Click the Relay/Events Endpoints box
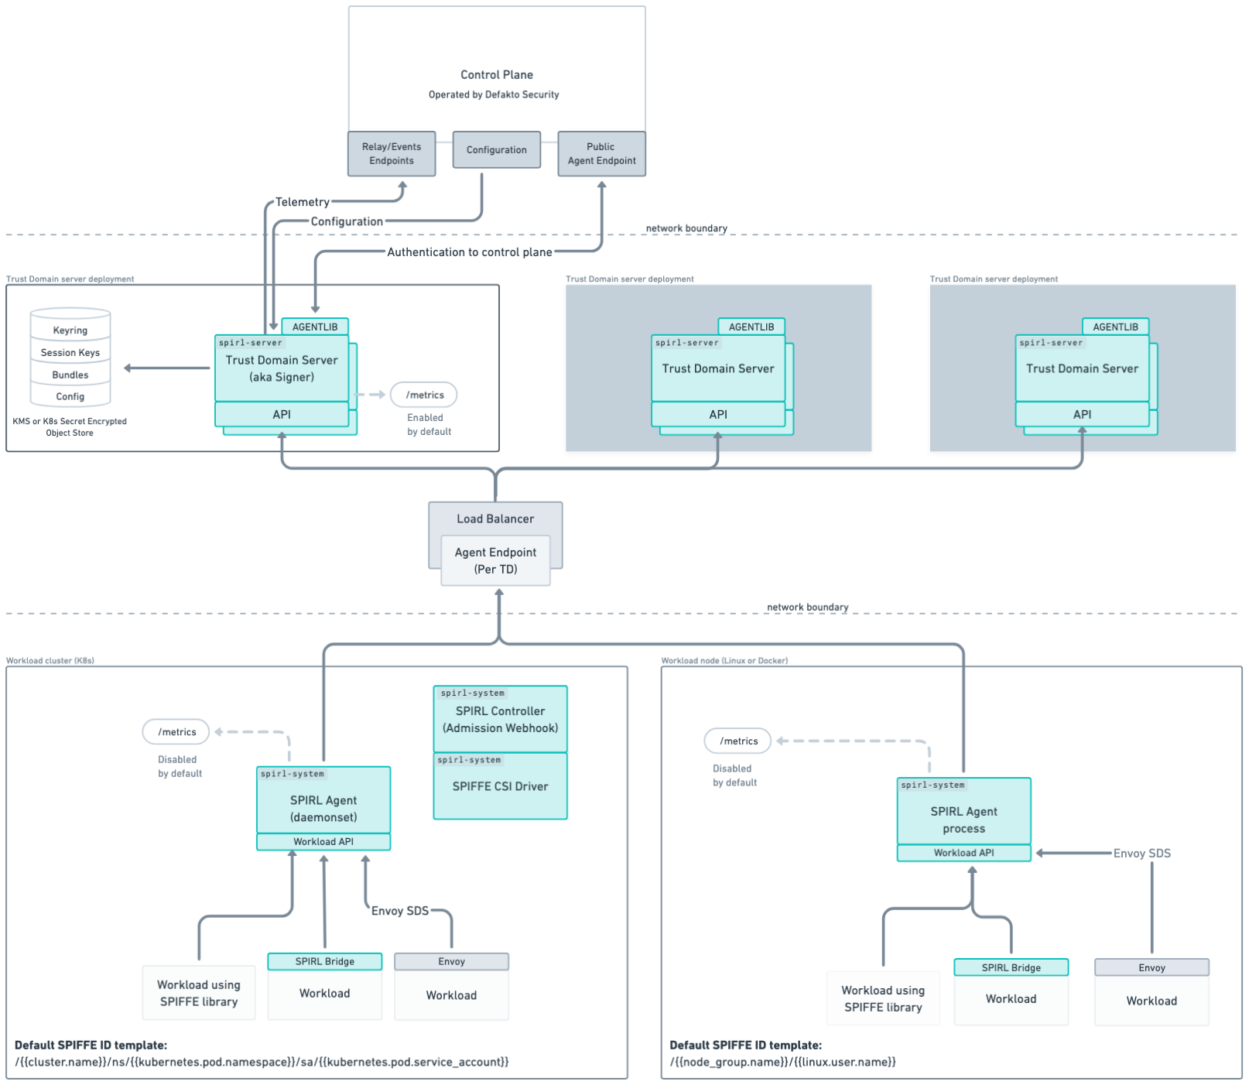point(392,154)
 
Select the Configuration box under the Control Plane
point(496,150)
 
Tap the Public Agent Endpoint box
point(601,154)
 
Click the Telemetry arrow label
point(303,203)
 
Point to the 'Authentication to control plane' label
point(469,252)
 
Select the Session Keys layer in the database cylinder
point(70,353)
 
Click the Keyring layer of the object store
point(70,330)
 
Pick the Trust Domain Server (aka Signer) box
point(282,369)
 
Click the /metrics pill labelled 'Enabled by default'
point(424,395)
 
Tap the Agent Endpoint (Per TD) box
point(495,561)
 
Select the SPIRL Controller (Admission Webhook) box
point(500,720)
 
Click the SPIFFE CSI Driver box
point(500,787)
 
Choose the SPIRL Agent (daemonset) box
point(323,808)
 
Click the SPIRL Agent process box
point(963,820)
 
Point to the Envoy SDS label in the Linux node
point(1141,854)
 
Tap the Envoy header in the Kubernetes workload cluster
point(451,962)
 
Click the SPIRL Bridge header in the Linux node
point(1011,968)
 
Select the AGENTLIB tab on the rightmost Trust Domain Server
point(1115,327)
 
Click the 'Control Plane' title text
point(496,75)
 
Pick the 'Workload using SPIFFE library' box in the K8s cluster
point(199,993)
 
